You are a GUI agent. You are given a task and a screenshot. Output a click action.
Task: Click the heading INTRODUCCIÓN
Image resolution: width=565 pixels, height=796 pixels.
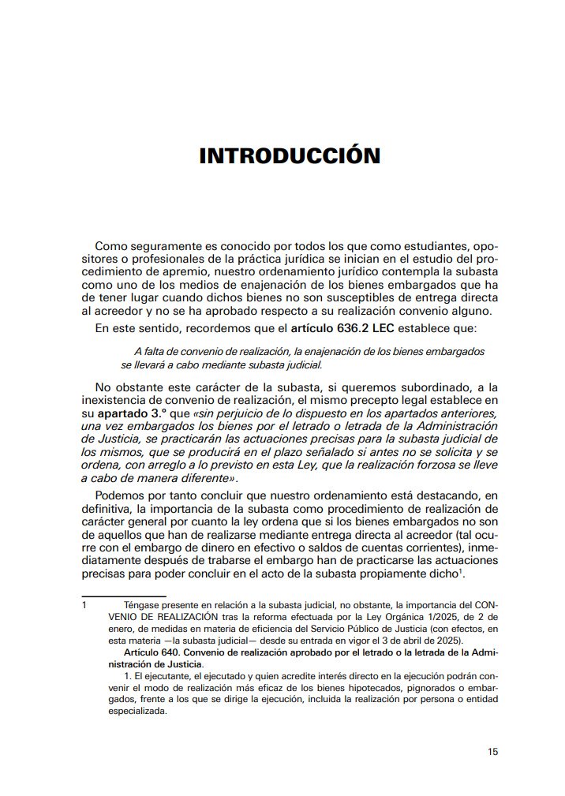click(290, 155)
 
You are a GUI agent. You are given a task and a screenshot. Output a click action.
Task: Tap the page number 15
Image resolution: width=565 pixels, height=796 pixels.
click(492, 751)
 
